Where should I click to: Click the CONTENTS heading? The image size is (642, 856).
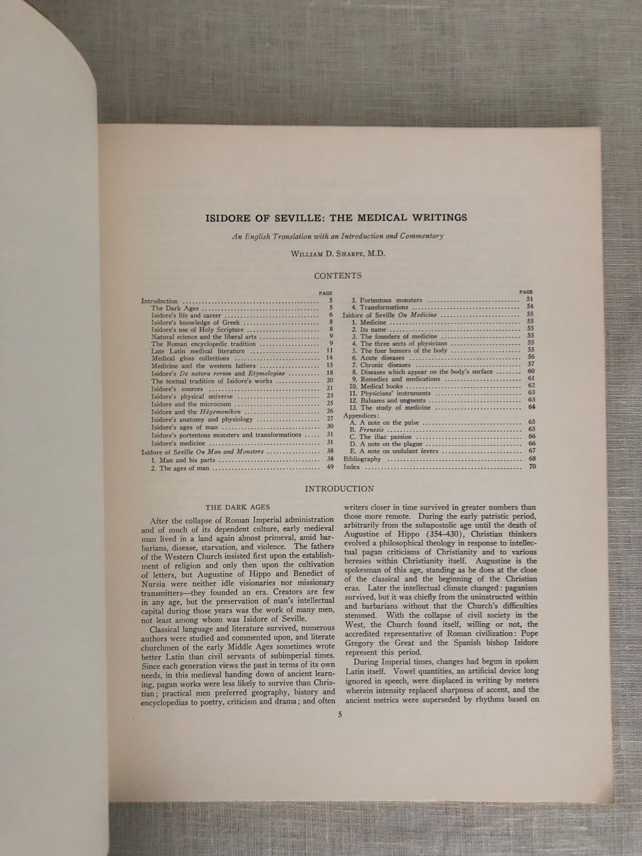[x=337, y=276]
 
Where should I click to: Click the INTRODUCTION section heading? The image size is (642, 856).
[x=339, y=489]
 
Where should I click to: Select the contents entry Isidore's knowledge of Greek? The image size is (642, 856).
[x=195, y=322]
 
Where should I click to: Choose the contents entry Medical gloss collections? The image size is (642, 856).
[x=190, y=358]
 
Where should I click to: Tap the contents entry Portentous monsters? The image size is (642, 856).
[x=391, y=300]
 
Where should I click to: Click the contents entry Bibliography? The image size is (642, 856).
[x=362, y=459]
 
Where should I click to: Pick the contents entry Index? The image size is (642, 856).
[x=351, y=467]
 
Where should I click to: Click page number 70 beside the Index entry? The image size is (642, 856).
[x=532, y=466]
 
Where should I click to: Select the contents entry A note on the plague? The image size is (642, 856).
[x=391, y=444]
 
